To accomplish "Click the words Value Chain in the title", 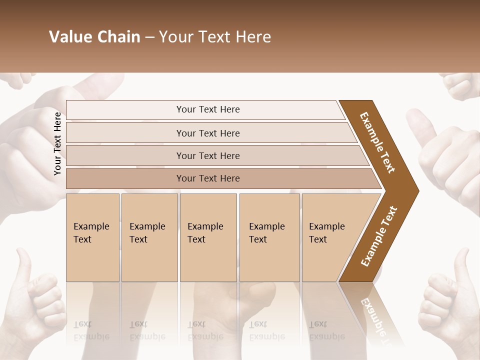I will [94, 37].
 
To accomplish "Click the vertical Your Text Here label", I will [57, 143].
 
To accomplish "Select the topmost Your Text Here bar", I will [207, 109].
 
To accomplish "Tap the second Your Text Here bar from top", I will [208, 133].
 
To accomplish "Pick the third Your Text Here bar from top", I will [208, 155].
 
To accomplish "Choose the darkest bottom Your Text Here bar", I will [208, 178].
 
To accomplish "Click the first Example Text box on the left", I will [92, 237].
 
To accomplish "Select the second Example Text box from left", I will [149, 237].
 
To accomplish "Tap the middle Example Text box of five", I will [208, 237].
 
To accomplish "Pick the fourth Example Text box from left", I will [269, 237].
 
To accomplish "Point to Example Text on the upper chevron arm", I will [377, 142].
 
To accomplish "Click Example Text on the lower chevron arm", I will [379, 236].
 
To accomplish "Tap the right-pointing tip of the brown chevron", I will [415, 190].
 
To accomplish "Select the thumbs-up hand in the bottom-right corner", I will [447, 300].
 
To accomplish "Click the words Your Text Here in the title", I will [215, 37].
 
